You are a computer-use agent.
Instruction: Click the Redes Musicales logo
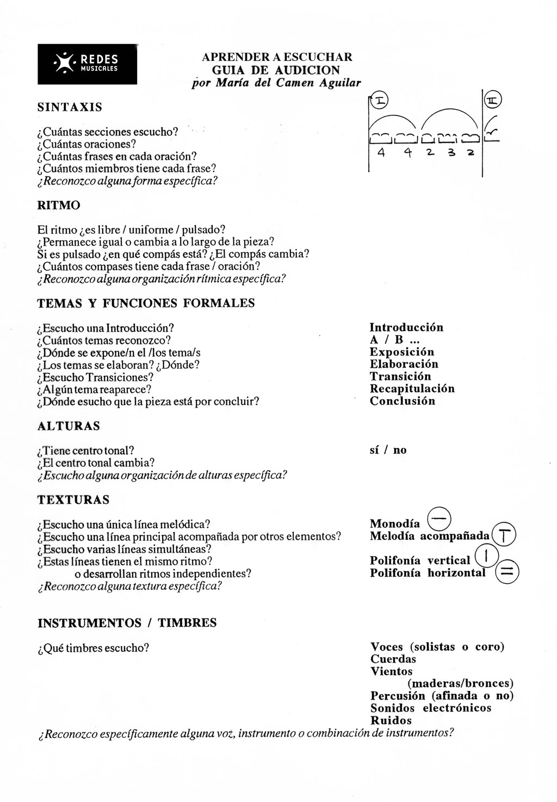(87, 64)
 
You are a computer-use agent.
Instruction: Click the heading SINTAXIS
(70, 107)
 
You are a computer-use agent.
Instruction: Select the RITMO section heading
(59, 205)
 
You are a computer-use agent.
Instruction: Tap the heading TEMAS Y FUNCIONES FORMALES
(146, 304)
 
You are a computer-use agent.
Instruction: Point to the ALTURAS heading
(69, 426)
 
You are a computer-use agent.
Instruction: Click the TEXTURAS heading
(73, 499)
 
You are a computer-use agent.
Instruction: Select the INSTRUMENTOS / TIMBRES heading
(127, 623)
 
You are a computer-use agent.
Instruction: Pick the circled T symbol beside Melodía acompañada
(504, 536)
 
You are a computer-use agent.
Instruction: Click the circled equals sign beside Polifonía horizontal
(507, 571)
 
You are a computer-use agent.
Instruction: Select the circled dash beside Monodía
(440, 517)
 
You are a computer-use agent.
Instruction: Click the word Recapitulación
(412, 388)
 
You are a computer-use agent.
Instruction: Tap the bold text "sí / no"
(388, 450)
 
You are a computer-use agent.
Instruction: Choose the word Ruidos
(391, 720)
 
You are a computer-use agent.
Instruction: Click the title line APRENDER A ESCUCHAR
(277, 57)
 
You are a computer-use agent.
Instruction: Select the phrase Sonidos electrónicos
(430, 708)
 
